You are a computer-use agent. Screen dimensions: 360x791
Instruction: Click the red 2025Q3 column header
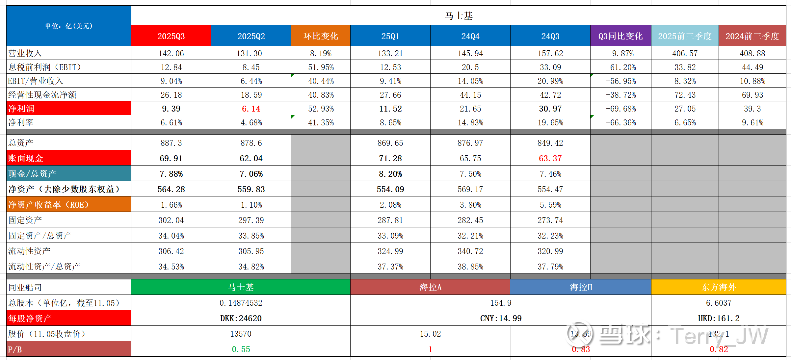tap(171, 36)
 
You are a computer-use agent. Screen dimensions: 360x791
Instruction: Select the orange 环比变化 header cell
tap(321, 36)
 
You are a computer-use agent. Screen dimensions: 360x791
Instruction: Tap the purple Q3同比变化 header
tap(620, 36)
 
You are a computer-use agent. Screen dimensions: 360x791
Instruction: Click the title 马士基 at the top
tap(459, 16)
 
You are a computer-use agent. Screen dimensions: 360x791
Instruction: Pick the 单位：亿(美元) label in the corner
tap(68, 26)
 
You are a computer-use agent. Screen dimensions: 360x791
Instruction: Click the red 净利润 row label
tap(68, 109)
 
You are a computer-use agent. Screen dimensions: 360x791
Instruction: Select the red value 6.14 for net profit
tap(251, 109)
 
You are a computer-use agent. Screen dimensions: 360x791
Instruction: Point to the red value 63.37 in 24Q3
tap(550, 158)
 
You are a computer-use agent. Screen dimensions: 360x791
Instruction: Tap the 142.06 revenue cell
tap(171, 53)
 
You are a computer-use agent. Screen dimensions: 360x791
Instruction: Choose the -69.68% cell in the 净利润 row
tap(620, 109)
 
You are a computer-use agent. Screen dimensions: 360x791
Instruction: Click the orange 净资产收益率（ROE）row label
tap(68, 205)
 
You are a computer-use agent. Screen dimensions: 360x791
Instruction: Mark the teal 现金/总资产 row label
tap(68, 174)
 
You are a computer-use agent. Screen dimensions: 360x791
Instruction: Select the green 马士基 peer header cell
tap(241, 287)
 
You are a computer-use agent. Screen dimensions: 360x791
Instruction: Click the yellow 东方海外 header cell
tap(718, 287)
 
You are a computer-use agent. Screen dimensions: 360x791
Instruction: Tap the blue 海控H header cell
tap(581, 287)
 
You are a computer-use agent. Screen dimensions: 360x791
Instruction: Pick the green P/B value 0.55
tap(241, 349)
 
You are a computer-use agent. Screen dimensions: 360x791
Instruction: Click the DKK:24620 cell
tap(241, 318)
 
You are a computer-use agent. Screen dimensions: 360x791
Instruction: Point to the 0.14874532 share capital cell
tap(241, 303)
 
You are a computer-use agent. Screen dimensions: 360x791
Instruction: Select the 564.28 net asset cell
tap(171, 189)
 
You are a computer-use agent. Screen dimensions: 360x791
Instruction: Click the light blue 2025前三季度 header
tap(685, 36)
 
